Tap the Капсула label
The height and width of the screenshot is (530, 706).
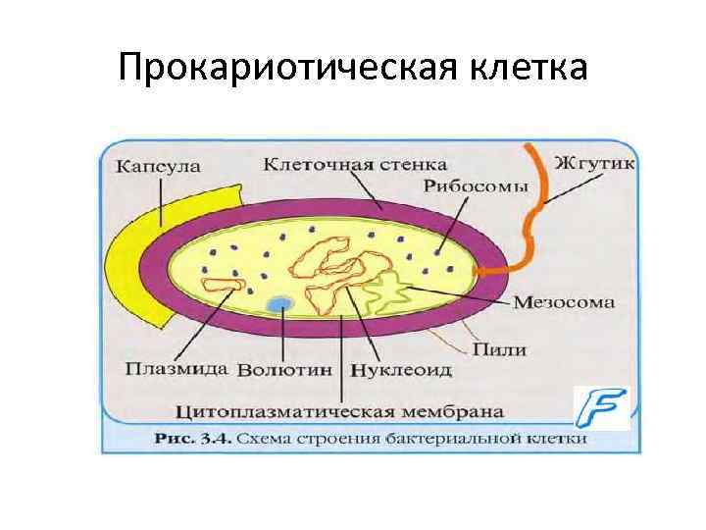159,167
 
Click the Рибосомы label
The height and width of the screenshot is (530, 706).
479,186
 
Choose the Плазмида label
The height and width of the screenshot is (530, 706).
177,370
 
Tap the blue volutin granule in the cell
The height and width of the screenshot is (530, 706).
282,304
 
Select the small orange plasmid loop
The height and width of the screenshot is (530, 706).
221,286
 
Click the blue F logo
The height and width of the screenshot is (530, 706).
601,407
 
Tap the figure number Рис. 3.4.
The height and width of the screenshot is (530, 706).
192,439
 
